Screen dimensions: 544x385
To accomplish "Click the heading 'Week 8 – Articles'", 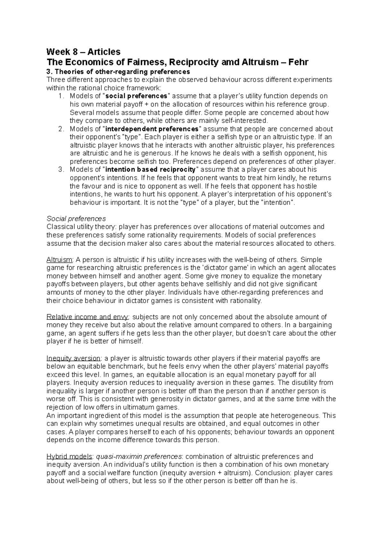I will (83, 52).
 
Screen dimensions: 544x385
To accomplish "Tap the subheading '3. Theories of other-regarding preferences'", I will (118, 71).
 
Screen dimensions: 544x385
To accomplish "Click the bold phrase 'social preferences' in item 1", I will (136, 96).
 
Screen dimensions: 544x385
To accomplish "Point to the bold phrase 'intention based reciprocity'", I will (150, 169).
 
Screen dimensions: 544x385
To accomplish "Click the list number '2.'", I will (61, 129).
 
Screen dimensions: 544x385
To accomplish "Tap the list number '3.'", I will (61, 169).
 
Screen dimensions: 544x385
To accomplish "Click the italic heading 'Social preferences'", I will (76, 219).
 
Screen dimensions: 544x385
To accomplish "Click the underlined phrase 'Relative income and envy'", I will (88, 317).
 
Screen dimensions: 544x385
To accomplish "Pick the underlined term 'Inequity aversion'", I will (73, 358).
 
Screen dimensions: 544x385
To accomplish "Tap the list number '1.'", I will (61, 96).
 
